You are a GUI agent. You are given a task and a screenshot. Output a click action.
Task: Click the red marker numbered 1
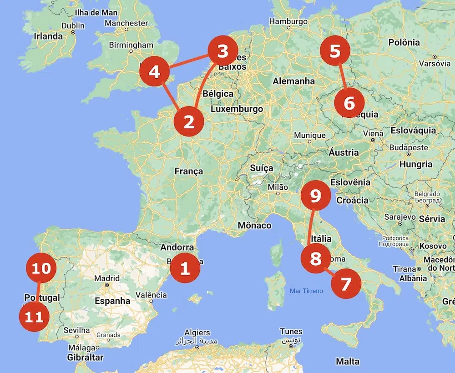pyautogui.click(x=185, y=268)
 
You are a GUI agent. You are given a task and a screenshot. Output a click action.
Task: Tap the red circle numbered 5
pyautogui.click(x=335, y=51)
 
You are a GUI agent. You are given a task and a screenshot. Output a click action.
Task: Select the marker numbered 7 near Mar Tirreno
pyautogui.click(x=346, y=284)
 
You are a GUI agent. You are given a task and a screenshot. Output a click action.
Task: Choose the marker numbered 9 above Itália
pyautogui.click(x=315, y=196)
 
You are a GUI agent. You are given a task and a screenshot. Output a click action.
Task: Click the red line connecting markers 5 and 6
pyautogui.click(x=342, y=77)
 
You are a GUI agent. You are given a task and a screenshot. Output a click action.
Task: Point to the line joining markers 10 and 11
pyautogui.click(x=38, y=292)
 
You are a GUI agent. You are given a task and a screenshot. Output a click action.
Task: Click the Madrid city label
pyautogui.click(x=107, y=278)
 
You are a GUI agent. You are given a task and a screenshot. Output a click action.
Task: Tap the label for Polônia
pyautogui.click(x=404, y=42)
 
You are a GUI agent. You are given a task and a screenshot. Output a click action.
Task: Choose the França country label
pyautogui.click(x=188, y=171)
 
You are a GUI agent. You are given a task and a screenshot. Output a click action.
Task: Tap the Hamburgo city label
pyautogui.click(x=289, y=21)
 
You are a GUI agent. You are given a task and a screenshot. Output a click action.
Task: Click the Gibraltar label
pyautogui.click(x=85, y=358)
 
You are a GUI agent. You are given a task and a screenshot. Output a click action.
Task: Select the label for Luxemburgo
pyautogui.click(x=237, y=109)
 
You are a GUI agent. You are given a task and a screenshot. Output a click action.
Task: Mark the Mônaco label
pyautogui.click(x=254, y=225)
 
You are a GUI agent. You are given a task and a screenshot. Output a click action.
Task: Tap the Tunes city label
pyautogui.click(x=291, y=331)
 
